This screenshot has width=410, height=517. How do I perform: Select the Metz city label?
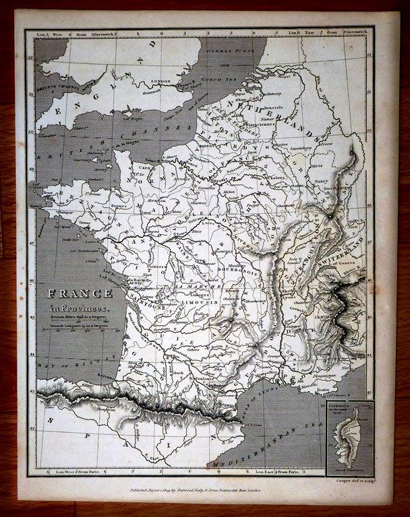[316, 162]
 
